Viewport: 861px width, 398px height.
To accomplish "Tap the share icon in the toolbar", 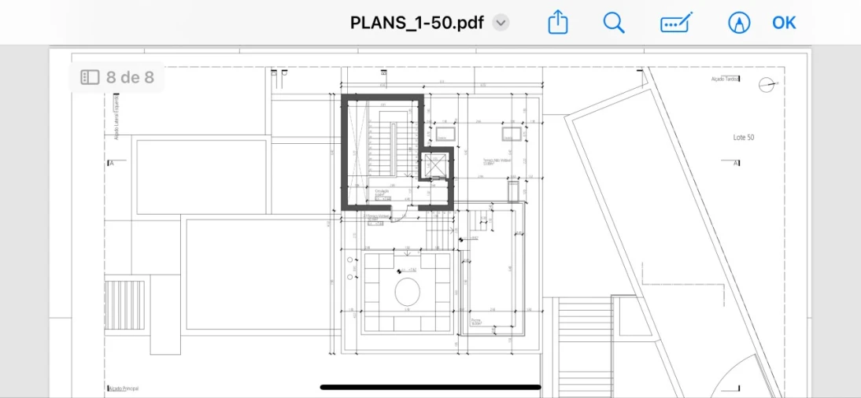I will (x=557, y=22).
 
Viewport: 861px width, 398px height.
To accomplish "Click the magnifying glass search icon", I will (x=614, y=22).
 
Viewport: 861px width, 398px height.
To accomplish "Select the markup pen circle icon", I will (x=739, y=22).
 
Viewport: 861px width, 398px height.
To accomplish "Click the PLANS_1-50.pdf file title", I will (x=417, y=22).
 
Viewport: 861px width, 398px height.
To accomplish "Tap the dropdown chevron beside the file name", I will (x=501, y=23).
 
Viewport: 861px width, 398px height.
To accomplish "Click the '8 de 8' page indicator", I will (x=119, y=77).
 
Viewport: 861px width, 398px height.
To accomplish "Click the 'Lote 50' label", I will (x=744, y=138).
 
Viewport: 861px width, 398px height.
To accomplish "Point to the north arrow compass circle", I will (x=766, y=85).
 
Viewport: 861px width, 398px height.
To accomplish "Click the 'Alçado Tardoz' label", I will (x=725, y=79).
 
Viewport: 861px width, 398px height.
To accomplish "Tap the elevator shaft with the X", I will (x=434, y=165).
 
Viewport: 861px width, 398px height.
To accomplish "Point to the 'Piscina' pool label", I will (x=476, y=321).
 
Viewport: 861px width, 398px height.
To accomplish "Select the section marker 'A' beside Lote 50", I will (x=736, y=164).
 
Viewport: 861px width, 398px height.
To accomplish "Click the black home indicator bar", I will (x=430, y=387).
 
